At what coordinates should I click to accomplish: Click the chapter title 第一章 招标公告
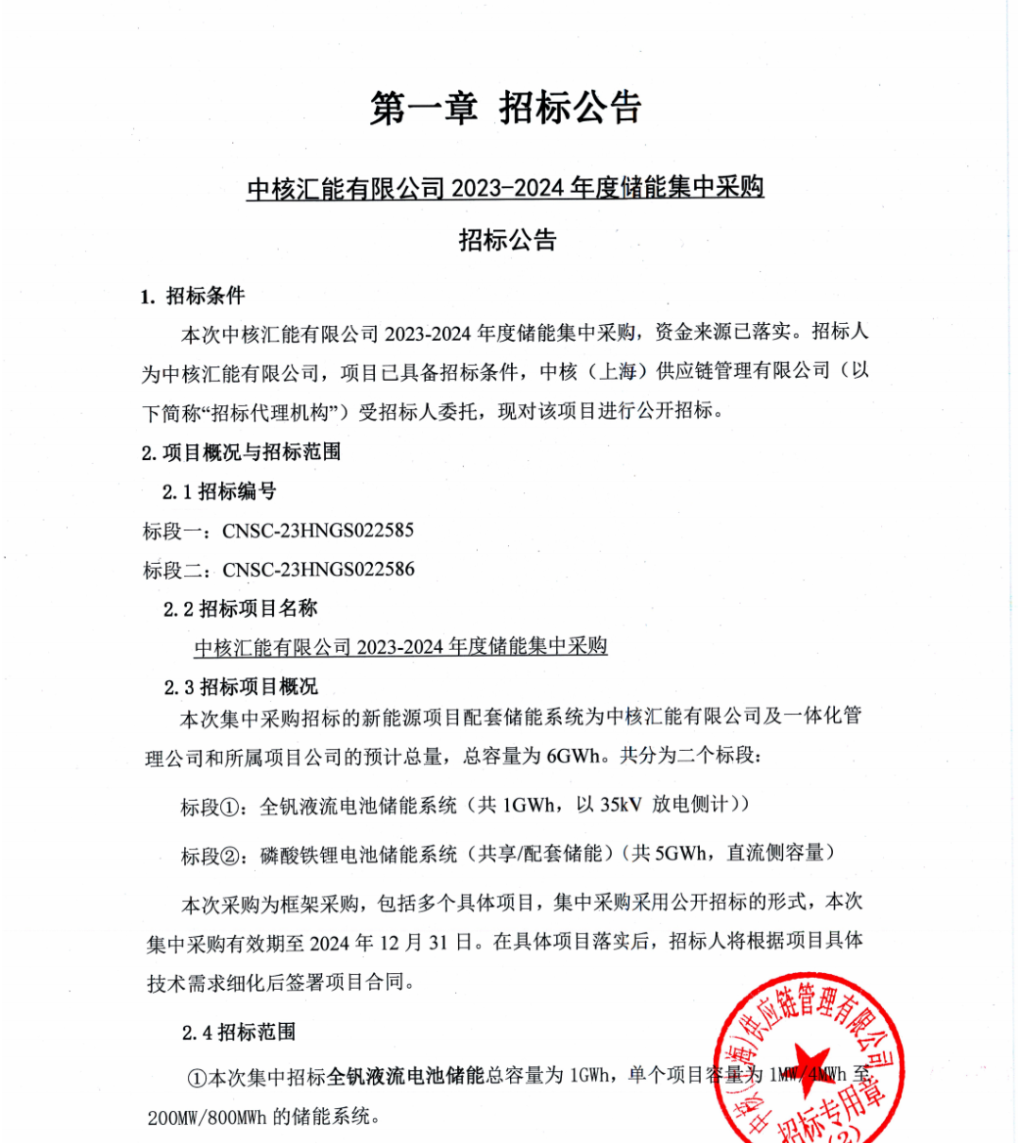coord(506,109)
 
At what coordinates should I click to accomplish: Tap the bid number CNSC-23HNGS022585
coord(318,531)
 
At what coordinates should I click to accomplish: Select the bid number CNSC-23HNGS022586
coord(318,570)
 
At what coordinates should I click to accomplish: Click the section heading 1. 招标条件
coord(193,296)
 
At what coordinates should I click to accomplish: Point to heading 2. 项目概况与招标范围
coord(241,452)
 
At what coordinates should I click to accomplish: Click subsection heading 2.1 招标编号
coord(219,491)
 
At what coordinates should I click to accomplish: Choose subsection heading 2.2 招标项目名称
coord(240,608)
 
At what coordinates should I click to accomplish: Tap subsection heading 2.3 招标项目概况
coord(240,687)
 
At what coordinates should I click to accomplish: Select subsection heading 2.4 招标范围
coord(239,1032)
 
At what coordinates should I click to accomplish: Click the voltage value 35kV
coord(620,805)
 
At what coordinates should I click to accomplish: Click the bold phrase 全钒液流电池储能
coord(406,1076)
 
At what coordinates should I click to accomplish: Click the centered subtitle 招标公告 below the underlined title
coord(508,240)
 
